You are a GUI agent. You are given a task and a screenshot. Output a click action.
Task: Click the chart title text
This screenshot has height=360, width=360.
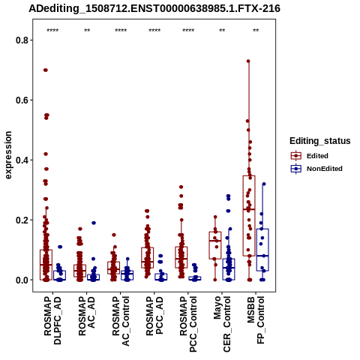154,8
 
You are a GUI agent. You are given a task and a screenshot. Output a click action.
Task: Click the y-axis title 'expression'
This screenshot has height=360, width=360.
8,155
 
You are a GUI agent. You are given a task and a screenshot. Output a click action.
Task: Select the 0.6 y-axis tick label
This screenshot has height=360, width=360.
22,100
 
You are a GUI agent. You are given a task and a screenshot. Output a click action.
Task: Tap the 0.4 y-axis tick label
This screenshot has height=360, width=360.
22,160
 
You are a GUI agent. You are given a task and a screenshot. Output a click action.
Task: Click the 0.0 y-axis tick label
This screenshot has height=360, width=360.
22,280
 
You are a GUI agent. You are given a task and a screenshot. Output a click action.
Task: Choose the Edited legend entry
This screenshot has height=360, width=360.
310,156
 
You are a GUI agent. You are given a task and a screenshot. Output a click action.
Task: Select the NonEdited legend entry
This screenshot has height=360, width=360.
316,169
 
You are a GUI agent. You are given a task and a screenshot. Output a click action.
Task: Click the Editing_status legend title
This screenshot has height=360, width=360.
320,141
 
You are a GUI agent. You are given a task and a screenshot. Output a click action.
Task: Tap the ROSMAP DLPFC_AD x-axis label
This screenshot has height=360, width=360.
52,321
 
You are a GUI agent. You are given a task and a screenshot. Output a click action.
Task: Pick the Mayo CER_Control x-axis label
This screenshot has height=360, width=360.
222,324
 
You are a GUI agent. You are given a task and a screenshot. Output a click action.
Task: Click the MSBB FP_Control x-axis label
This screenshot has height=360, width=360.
256,320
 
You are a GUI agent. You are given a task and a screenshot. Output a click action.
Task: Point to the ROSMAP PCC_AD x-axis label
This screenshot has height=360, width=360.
154,316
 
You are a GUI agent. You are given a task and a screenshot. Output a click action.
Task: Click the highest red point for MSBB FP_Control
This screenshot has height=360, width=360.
248,61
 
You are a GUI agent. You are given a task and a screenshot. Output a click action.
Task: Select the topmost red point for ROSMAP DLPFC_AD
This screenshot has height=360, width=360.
46,70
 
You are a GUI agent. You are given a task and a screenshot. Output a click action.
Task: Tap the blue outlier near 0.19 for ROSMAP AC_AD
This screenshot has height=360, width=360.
94,223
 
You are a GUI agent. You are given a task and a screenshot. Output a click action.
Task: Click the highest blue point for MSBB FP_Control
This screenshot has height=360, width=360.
264,184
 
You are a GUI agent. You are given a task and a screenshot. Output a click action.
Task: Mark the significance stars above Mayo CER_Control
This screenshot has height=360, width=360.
222,31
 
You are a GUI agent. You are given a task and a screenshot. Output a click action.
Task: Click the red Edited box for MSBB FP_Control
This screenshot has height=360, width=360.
249,216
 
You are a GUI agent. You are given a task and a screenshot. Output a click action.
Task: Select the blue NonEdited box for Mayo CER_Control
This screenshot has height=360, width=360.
229,269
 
